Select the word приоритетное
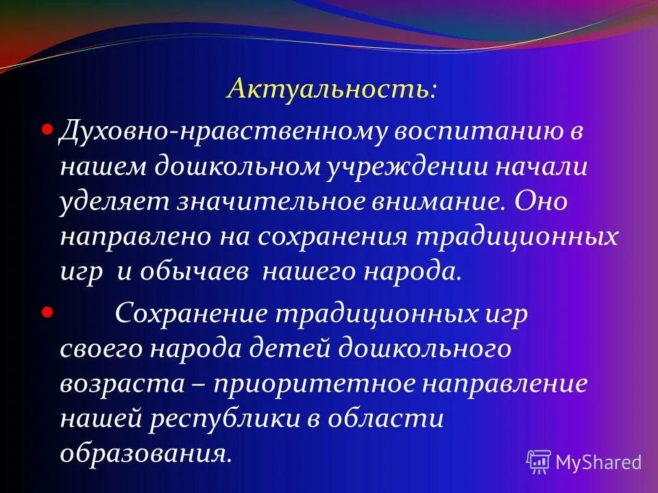(x=320, y=383)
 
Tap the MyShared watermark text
(x=598, y=462)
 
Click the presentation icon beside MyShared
(x=539, y=462)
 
